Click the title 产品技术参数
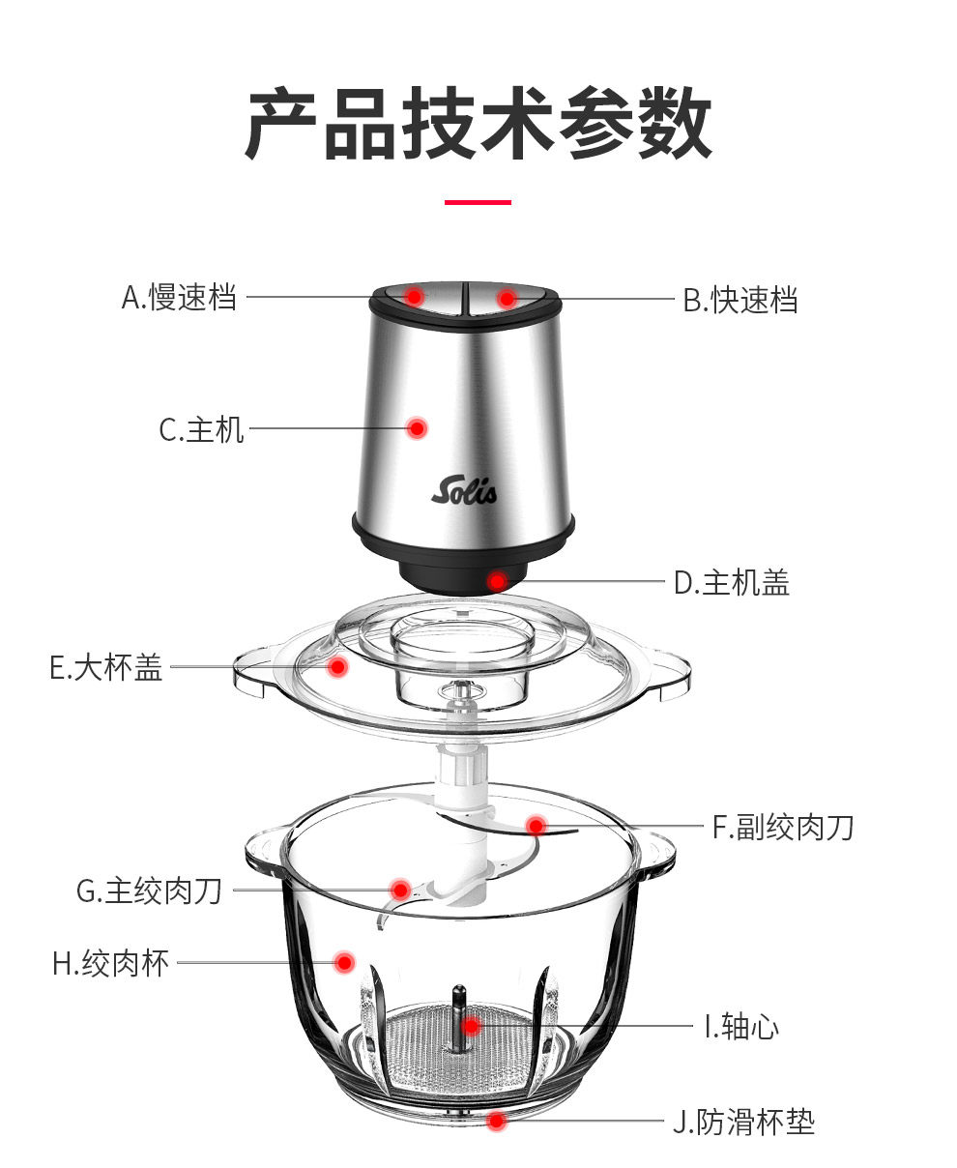[x=478, y=123]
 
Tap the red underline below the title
[x=478, y=202]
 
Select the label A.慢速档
[x=180, y=298]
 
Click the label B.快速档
[x=740, y=300]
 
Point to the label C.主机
[x=202, y=428]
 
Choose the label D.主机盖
[x=732, y=583]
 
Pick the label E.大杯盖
[x=106, y=667]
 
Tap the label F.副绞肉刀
[x=783, y=827]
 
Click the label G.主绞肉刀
[x=150, y=891]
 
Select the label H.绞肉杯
[x=111, y=963]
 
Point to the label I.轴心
[x=740, y=1026]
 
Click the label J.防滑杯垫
[x=743, y=1122]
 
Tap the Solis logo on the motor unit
[x=464, y=490]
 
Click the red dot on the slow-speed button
[x=414, y=296]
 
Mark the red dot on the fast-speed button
[x=507, y=298]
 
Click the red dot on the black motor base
[x=497, y=581]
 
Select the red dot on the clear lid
[x=337, y=666]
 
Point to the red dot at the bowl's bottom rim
[x=496, y=1122]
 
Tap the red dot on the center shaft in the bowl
[x=470, y=1026]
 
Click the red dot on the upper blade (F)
[x=536, y=826]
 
